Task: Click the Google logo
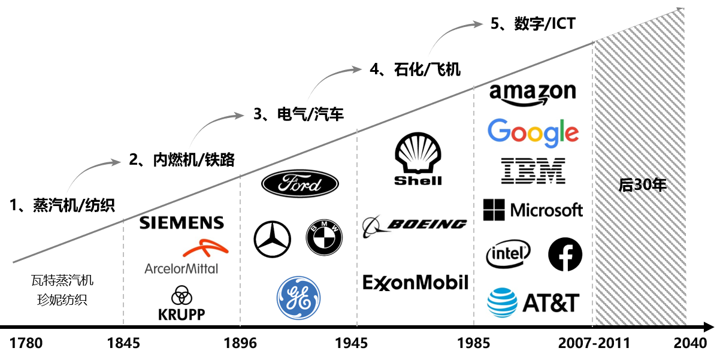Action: [533, 133]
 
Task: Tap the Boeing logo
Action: [415, 226]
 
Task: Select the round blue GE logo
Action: [298, 298]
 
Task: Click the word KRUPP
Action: [181, 313]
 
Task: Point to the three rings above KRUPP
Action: [181, 295]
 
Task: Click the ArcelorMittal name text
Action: [181, 268]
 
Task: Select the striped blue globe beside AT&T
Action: [502, 302]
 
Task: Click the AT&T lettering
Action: [551, 303]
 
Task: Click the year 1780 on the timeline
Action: [26, 344]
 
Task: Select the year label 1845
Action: [123, 344]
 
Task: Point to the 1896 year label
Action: [240, 344]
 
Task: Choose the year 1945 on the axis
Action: [357, 344]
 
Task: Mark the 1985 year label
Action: [473, 344]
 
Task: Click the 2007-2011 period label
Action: [594, 344]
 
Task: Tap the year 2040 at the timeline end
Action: [689, 344]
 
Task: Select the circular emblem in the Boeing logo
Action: [374, 226]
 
